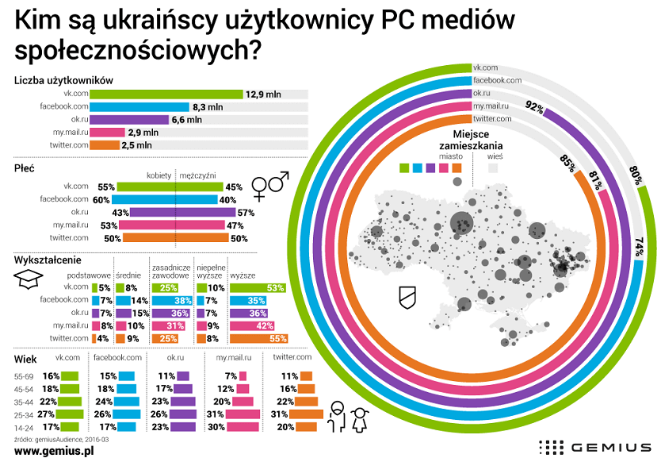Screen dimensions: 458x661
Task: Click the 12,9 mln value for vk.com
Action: click(263, 94)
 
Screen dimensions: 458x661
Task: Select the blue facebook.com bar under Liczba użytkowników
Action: click(139, 106)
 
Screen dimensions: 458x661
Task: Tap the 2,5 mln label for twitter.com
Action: click(136, 145)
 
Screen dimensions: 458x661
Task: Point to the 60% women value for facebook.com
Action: click(100, 199)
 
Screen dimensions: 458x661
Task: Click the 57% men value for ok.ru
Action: click(246, 212)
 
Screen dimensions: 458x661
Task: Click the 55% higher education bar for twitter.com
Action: click(258, 338)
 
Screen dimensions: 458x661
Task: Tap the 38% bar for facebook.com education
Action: click(172, 301)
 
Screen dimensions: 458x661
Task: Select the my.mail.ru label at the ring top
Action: click(491, 106)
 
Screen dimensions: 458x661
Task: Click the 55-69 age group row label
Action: click(24, 375)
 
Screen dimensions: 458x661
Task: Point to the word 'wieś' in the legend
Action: click(496, 156)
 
